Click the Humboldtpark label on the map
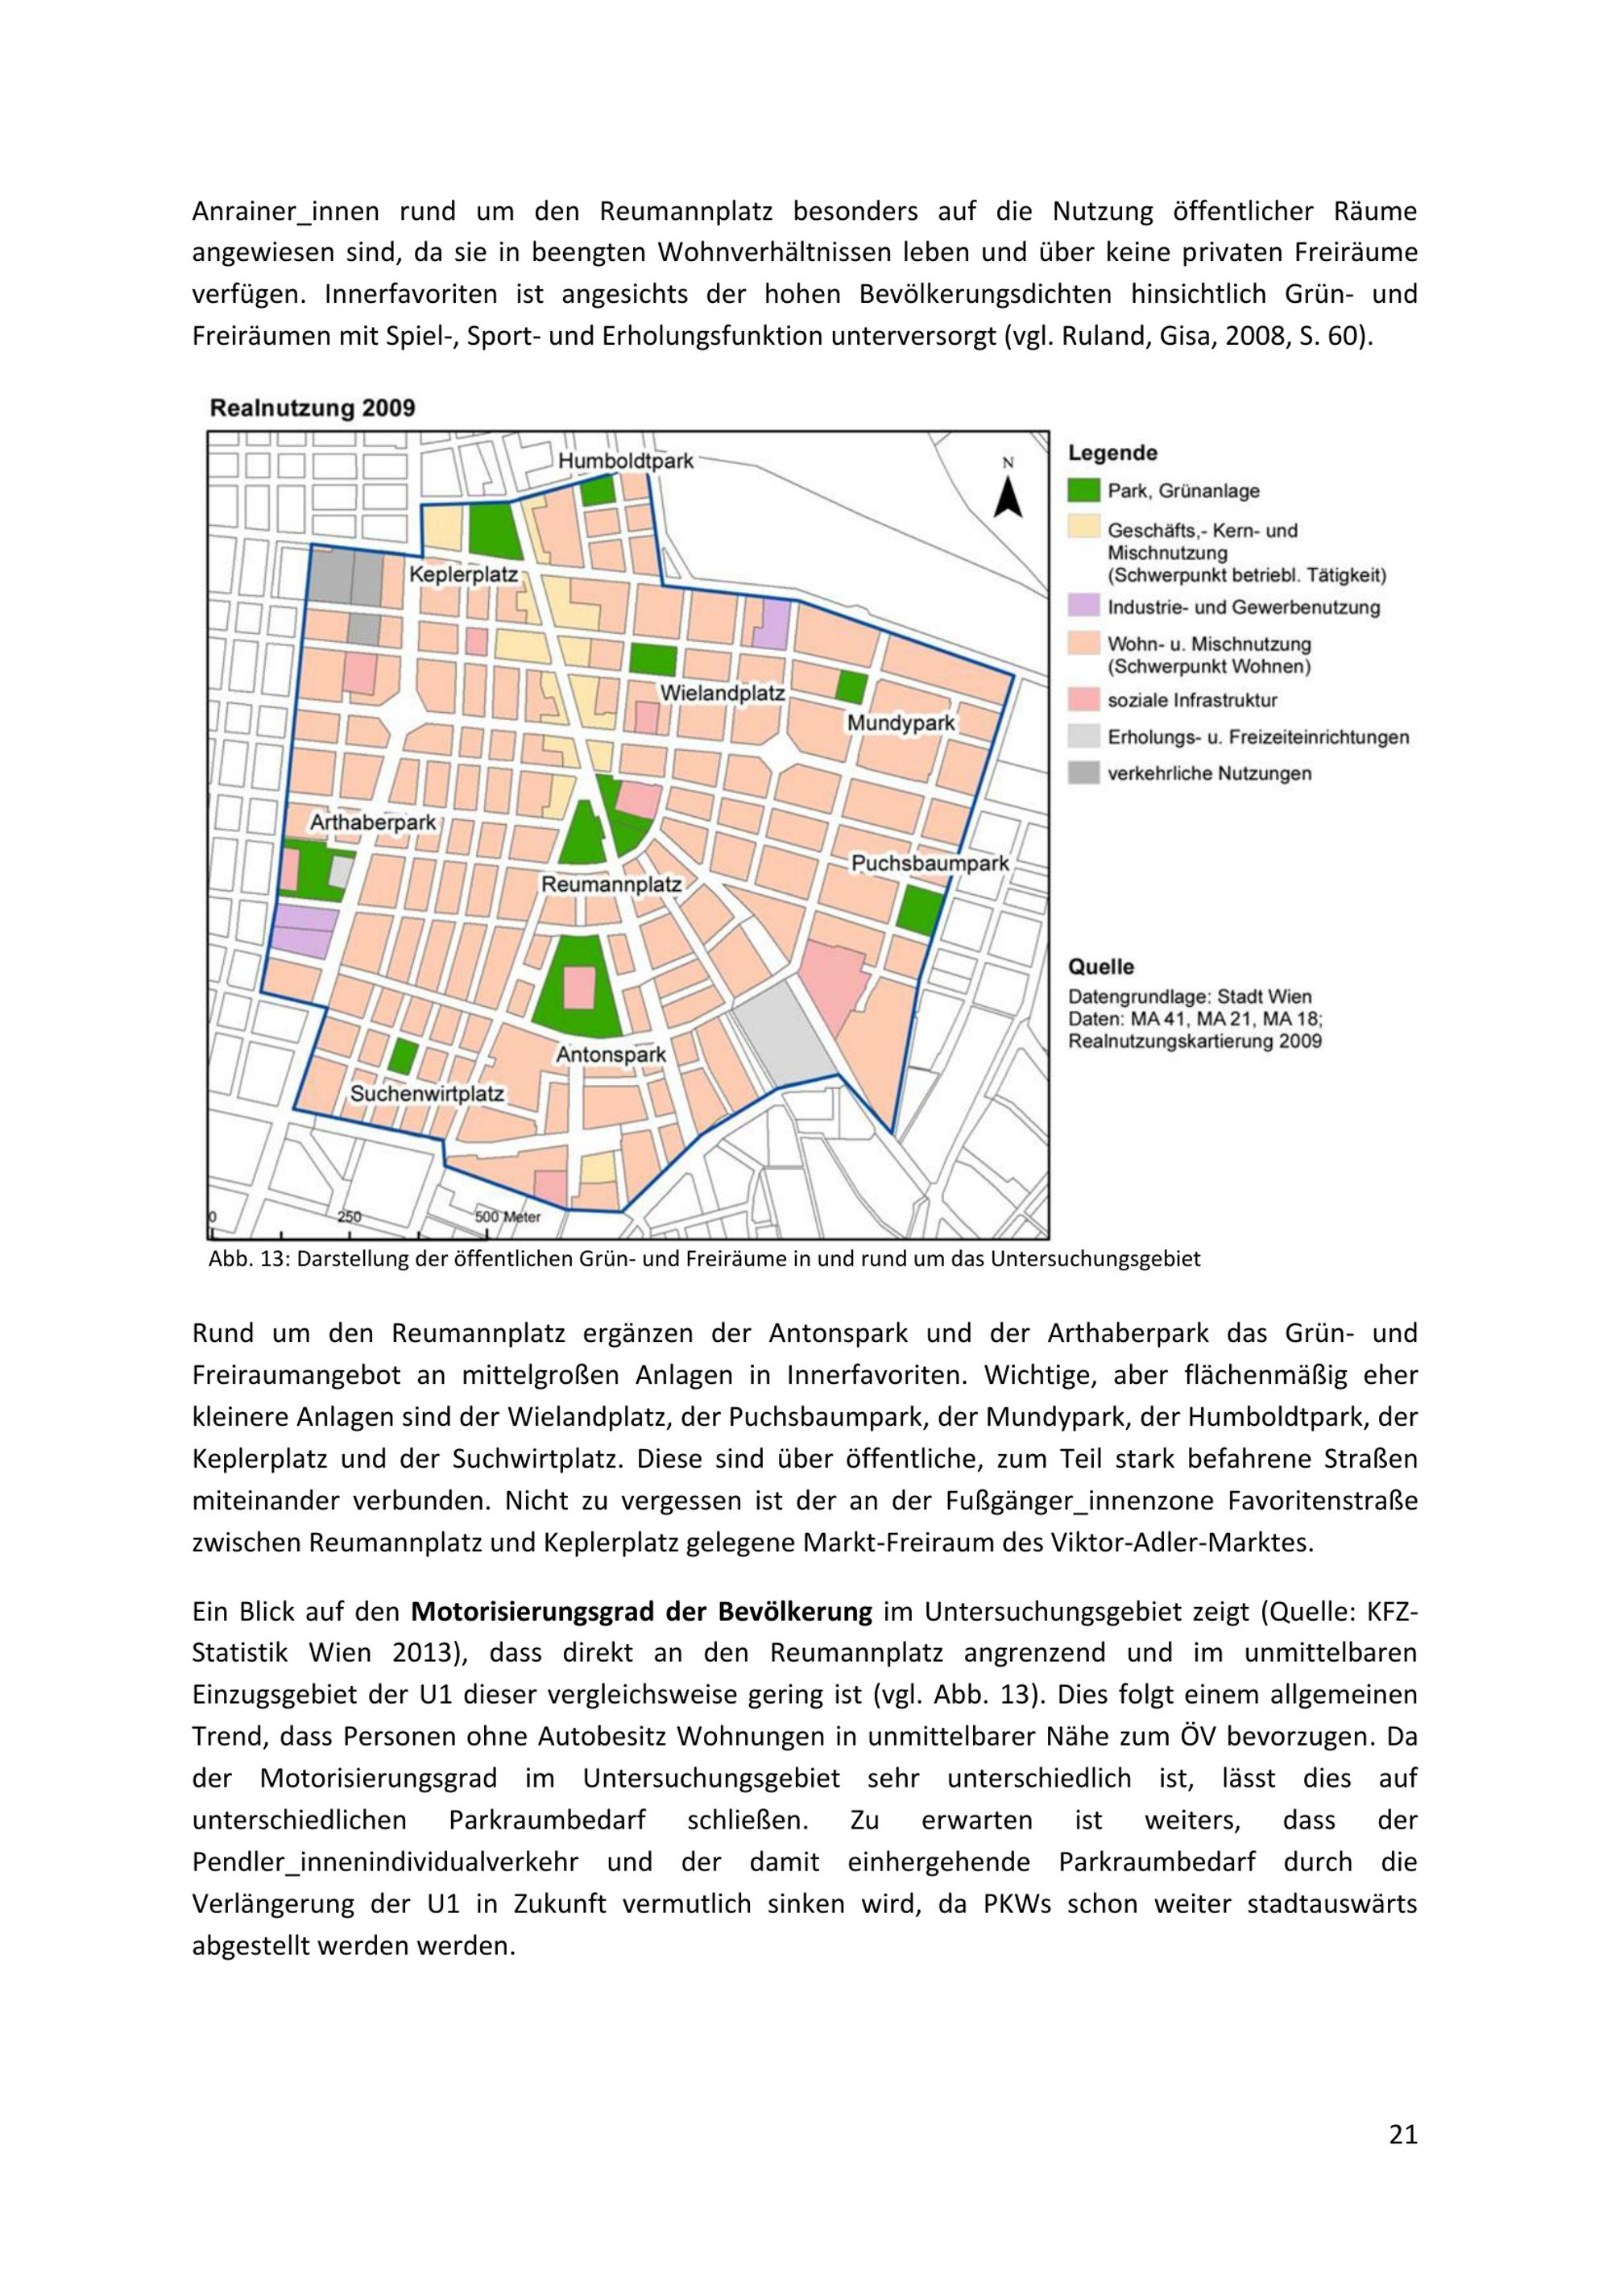625,462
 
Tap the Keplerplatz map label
463,574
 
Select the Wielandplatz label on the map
723,694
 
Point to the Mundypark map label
901,723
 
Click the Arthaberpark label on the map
373,822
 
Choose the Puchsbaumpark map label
930,864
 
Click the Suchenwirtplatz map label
428,1095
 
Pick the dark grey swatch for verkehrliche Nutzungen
1084,773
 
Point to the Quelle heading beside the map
1100,967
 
